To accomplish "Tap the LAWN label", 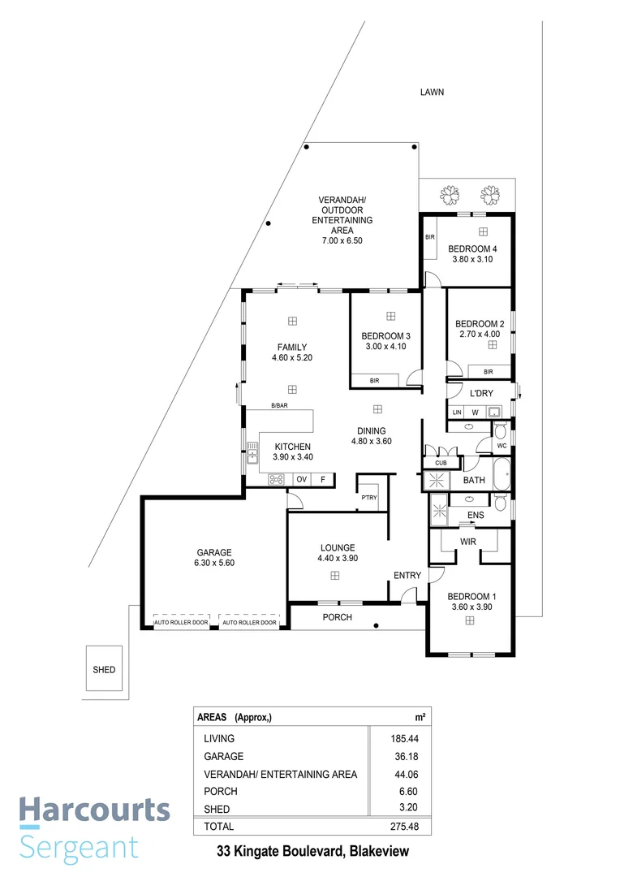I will pyautogui.click(x=432, y=93).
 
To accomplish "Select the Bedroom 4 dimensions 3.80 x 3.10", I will pyautogui.click(x=472, y=259).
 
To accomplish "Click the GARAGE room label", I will pyautogui.click(x=213, y=551).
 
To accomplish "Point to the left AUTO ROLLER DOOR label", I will pyautogui.click(x=181, y=623).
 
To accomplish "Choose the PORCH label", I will pyautogui.click(x=337, y=618).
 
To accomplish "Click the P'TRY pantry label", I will pyautogui.click(x=368, y=498).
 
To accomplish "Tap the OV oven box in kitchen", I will pyautogui.click(x=300, y=479).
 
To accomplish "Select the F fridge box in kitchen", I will pyautogui.click(x=323, y=479).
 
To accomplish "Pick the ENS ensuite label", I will pyautogui.click(x=476, y=515).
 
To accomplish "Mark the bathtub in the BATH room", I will pyautogui.click(x=500, y=474).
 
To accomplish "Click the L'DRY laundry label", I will pyautogui.click(x=482, y=393).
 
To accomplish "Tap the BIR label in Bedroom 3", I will pyautogui.click(x=374, y=380).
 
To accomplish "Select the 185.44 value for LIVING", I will pyautogui.click(x=404, y=739).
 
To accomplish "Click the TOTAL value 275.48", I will pyautogui.click(x=404, y=827).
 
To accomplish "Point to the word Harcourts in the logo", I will pyautogui.click(x=94, y=810).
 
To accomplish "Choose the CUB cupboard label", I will pyautogui.click(x=441, y=463).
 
